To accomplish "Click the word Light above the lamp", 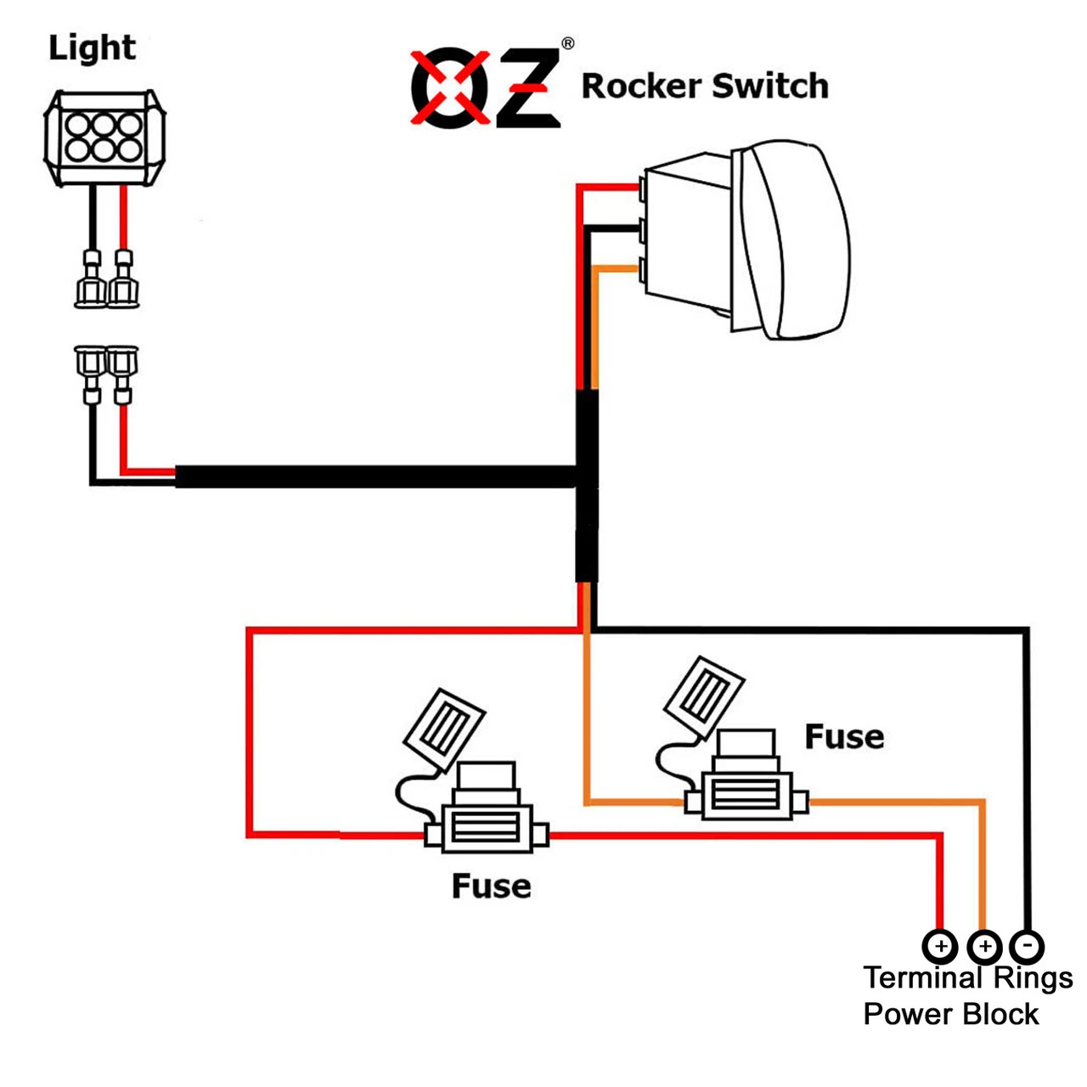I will tap(92, 48).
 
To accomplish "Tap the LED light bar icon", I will tap(104, 138).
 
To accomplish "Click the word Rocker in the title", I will tap(641, 87).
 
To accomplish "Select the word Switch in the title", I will tap(769, 87).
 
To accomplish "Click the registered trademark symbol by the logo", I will tap(567, 43).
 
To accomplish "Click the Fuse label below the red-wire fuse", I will tap(491, 887).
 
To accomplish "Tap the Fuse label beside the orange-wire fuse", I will tap(844, 737).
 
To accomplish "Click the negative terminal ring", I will tap(1027, 945).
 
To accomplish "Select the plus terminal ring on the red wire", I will tap(939, 945).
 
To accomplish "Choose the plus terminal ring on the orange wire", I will tap(984, 945).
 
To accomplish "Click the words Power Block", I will tap(950, 1014).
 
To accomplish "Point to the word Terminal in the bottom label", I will tap(922, 978).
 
